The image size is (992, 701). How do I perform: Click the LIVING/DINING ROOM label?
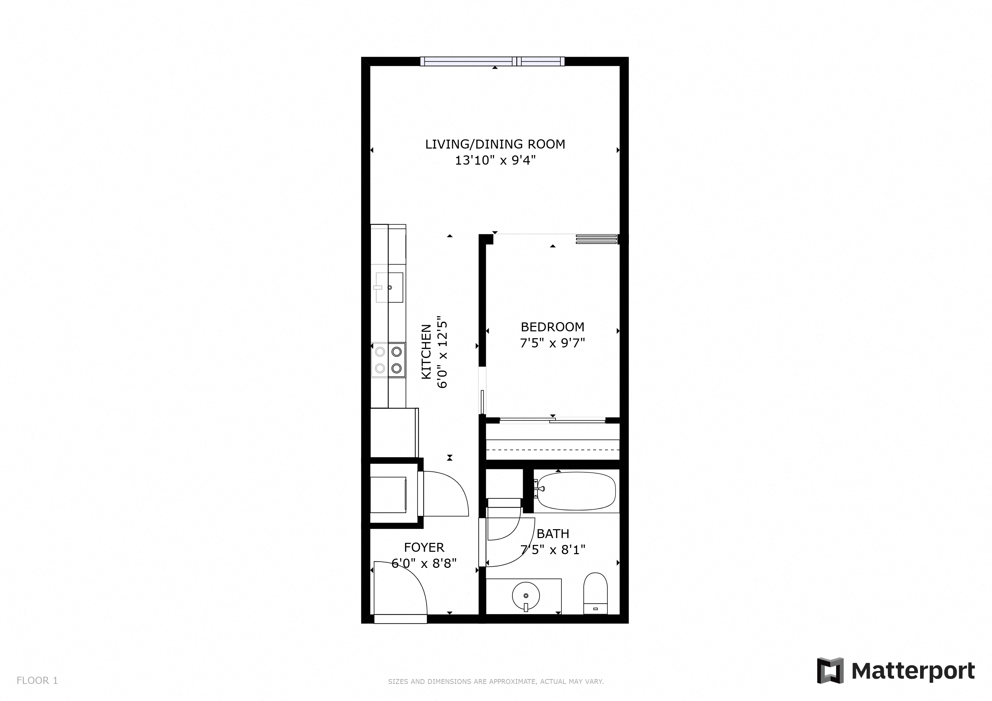[x=495, y=144]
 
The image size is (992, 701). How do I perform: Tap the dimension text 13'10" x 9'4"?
[x=495, y=161]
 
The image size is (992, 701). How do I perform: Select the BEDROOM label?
[x=552, y=327]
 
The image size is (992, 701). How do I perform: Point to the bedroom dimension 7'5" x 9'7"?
[x=552, y=343]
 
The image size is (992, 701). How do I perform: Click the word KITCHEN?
[x=426, y=352]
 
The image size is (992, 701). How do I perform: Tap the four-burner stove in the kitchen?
[x=388, y=360]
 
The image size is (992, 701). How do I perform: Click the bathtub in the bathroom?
[x=575, y=491]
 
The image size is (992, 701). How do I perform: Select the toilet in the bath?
[x=595, y=593]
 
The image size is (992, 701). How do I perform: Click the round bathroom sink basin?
[x=526, y=596]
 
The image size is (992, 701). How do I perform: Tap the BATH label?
[x=553, y=534]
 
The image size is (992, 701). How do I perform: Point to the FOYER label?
[x=424, y=547]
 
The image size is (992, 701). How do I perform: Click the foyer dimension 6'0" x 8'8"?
[x=424, y=563]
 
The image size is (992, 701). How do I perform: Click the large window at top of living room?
[x=493, y=62]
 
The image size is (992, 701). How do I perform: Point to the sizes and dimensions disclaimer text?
[x=496, y=681]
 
